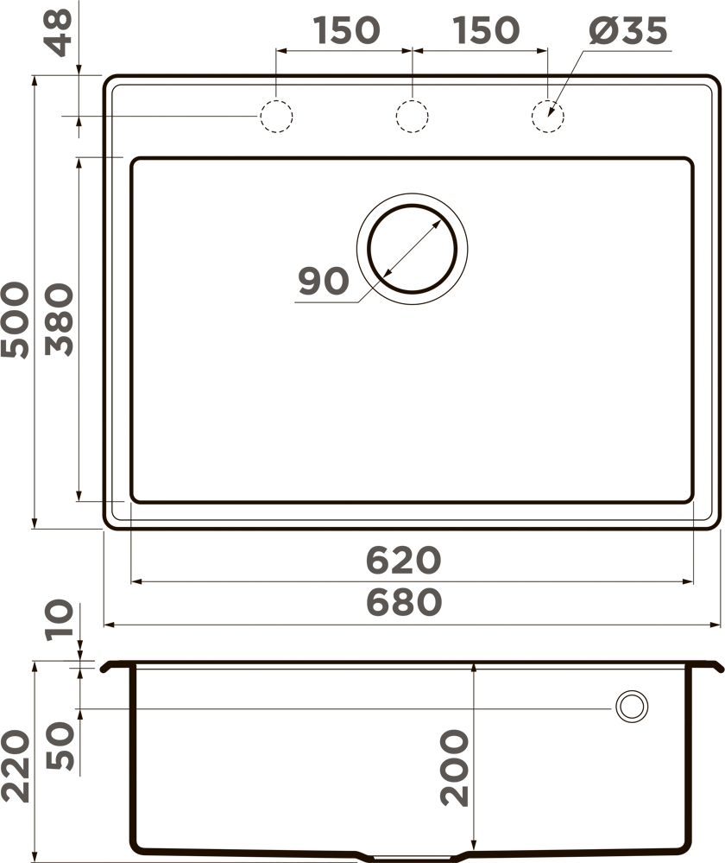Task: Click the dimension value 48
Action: pos(59,33)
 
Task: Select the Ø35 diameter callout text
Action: pos(628,31)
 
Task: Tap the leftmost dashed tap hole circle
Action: pos(276,116)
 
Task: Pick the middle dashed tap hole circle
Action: pos(412,116)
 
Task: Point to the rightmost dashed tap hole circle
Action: pos(548,116)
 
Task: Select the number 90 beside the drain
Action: pos(324,281)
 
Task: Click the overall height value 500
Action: pos(15,320)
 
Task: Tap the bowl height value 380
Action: pos(59,320)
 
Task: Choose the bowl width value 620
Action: pos(404,560)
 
